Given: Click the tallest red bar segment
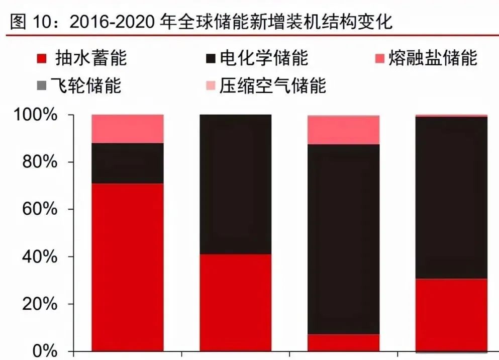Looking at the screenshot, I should [127, 267].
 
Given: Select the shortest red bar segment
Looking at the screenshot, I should [343, 342].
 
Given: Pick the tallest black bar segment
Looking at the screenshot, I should [343, 239].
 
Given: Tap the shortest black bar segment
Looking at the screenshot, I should [127, 163].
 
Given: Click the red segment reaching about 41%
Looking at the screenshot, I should [235, 302].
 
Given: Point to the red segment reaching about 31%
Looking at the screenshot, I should [451, 314].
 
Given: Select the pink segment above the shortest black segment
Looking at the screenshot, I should [127, 129].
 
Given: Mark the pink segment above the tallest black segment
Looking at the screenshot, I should [343, 130].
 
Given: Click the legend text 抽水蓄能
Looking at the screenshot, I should [90, 58].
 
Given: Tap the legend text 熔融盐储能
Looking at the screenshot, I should [433, 58].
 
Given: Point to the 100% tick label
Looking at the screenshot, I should [34, 115].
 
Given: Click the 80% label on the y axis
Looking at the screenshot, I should [38, 162].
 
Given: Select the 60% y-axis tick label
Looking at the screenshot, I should [38, 210].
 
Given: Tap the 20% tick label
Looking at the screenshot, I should [38, 304].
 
